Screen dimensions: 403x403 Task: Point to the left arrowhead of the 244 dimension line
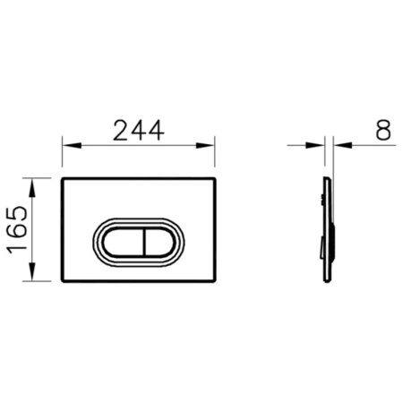pyautogui.click(x=67, y=143)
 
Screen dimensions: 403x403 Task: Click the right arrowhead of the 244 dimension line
pyautogui.click(x=210, y=143)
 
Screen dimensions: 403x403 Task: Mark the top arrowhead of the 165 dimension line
pyautogui.click(x=33, y=183)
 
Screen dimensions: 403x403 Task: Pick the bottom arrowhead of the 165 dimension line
pyautogui.click(x=33, y=276)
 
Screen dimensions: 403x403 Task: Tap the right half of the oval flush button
pyautogui.click(x=158, y=241)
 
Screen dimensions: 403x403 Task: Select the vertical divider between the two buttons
pyautogui.click(x=140, y=241)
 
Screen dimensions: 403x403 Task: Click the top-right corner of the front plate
pyautogui.click(x=214, y=179)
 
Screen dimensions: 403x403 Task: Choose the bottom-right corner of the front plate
pyautogui.click(x=214, y=280)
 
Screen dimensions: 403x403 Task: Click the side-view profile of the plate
pyautogui.click(x=328, y=229)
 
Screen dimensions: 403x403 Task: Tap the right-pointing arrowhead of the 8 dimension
pyautogui.click(x=320, y=143)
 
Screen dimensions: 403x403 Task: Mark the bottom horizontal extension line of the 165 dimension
pyautogui.click(x=40, y=281)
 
